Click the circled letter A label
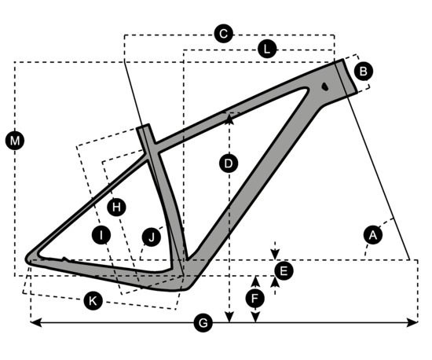pyautogui.click(x=373, y=235)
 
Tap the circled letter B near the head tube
pyautogui.click(x=364, y=71)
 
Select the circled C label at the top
pyautogui.click(x=223, y=34)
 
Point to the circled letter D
pyautogui.click(x=229, y=163)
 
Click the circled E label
pyautogui.click(x=284, y=271)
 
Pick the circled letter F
pyautogui.click(x=255, y=298)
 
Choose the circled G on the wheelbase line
pyautogui.click(x=203, y=323)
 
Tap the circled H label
pyautogui.click(x=116, y=207)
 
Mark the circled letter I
pyautogui.click(x=101, y=235)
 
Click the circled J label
pyautogui.click(x=152, y=237)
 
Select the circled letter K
pyautogui.click(x=93, y=300)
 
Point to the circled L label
pyautogui.click(x=267, y=50)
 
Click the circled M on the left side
pyautogui.click(x=15, y=141)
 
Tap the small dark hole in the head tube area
pyautogui.click(x=325, y=86)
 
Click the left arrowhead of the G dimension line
pyautogui.click(x=35, y=322)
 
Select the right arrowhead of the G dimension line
pyautogui.click(x=412, y=322)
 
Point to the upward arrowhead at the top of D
pyautogui.click(x=229, y=118)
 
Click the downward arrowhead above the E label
pyautogui.click(x=275, y=254)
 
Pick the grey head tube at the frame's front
pyautogui.click(x=346, y=77)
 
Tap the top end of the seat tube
pyautogui.click(x=143, y=127)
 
